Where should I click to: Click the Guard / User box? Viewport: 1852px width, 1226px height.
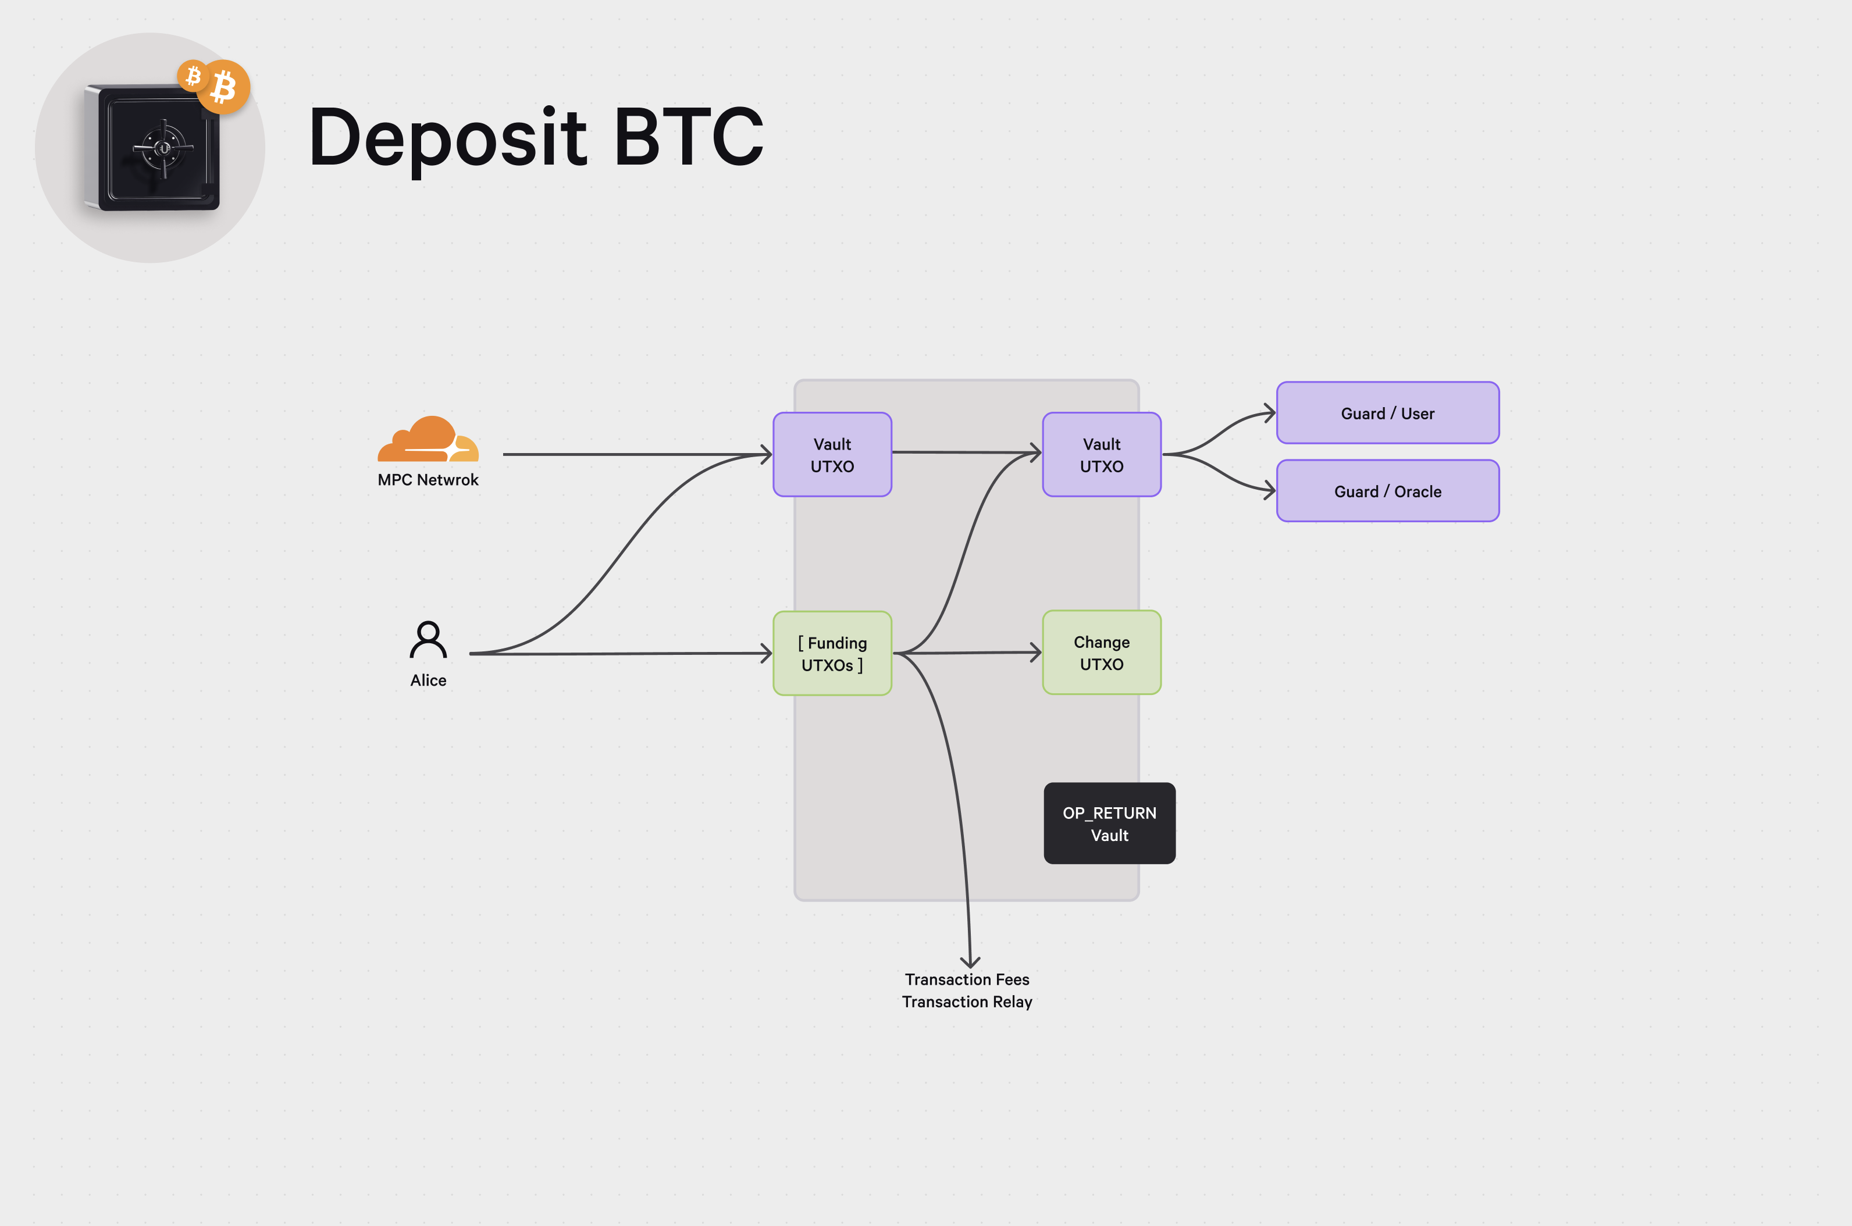coord(1388,413)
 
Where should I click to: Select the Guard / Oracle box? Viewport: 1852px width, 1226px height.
coord(1388,491)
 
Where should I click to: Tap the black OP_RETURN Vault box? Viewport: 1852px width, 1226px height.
coord(1109,824)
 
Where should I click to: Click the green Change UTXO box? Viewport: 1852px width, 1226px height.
coord(1102,653)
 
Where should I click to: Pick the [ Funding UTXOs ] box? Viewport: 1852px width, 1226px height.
coord(832,654)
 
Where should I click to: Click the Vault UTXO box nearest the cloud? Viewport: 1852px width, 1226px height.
coord(832,454)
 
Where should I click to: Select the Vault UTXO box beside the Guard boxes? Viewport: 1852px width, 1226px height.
coord(1102,454)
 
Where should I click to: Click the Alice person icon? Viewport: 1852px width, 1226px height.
coord(429,640)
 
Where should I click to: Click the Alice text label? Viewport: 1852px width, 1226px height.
coord(429,680)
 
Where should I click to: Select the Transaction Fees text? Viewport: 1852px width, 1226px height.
coord(967,980)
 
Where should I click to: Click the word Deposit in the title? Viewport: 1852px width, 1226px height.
coord(448,138)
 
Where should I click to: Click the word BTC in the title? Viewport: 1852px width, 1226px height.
coord(688,138)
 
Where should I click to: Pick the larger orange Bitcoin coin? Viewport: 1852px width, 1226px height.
coord(223,87)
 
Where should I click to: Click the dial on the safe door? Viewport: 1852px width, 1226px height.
coord(163,148)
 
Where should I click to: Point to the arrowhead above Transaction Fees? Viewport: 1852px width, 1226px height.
coord(970,963)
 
